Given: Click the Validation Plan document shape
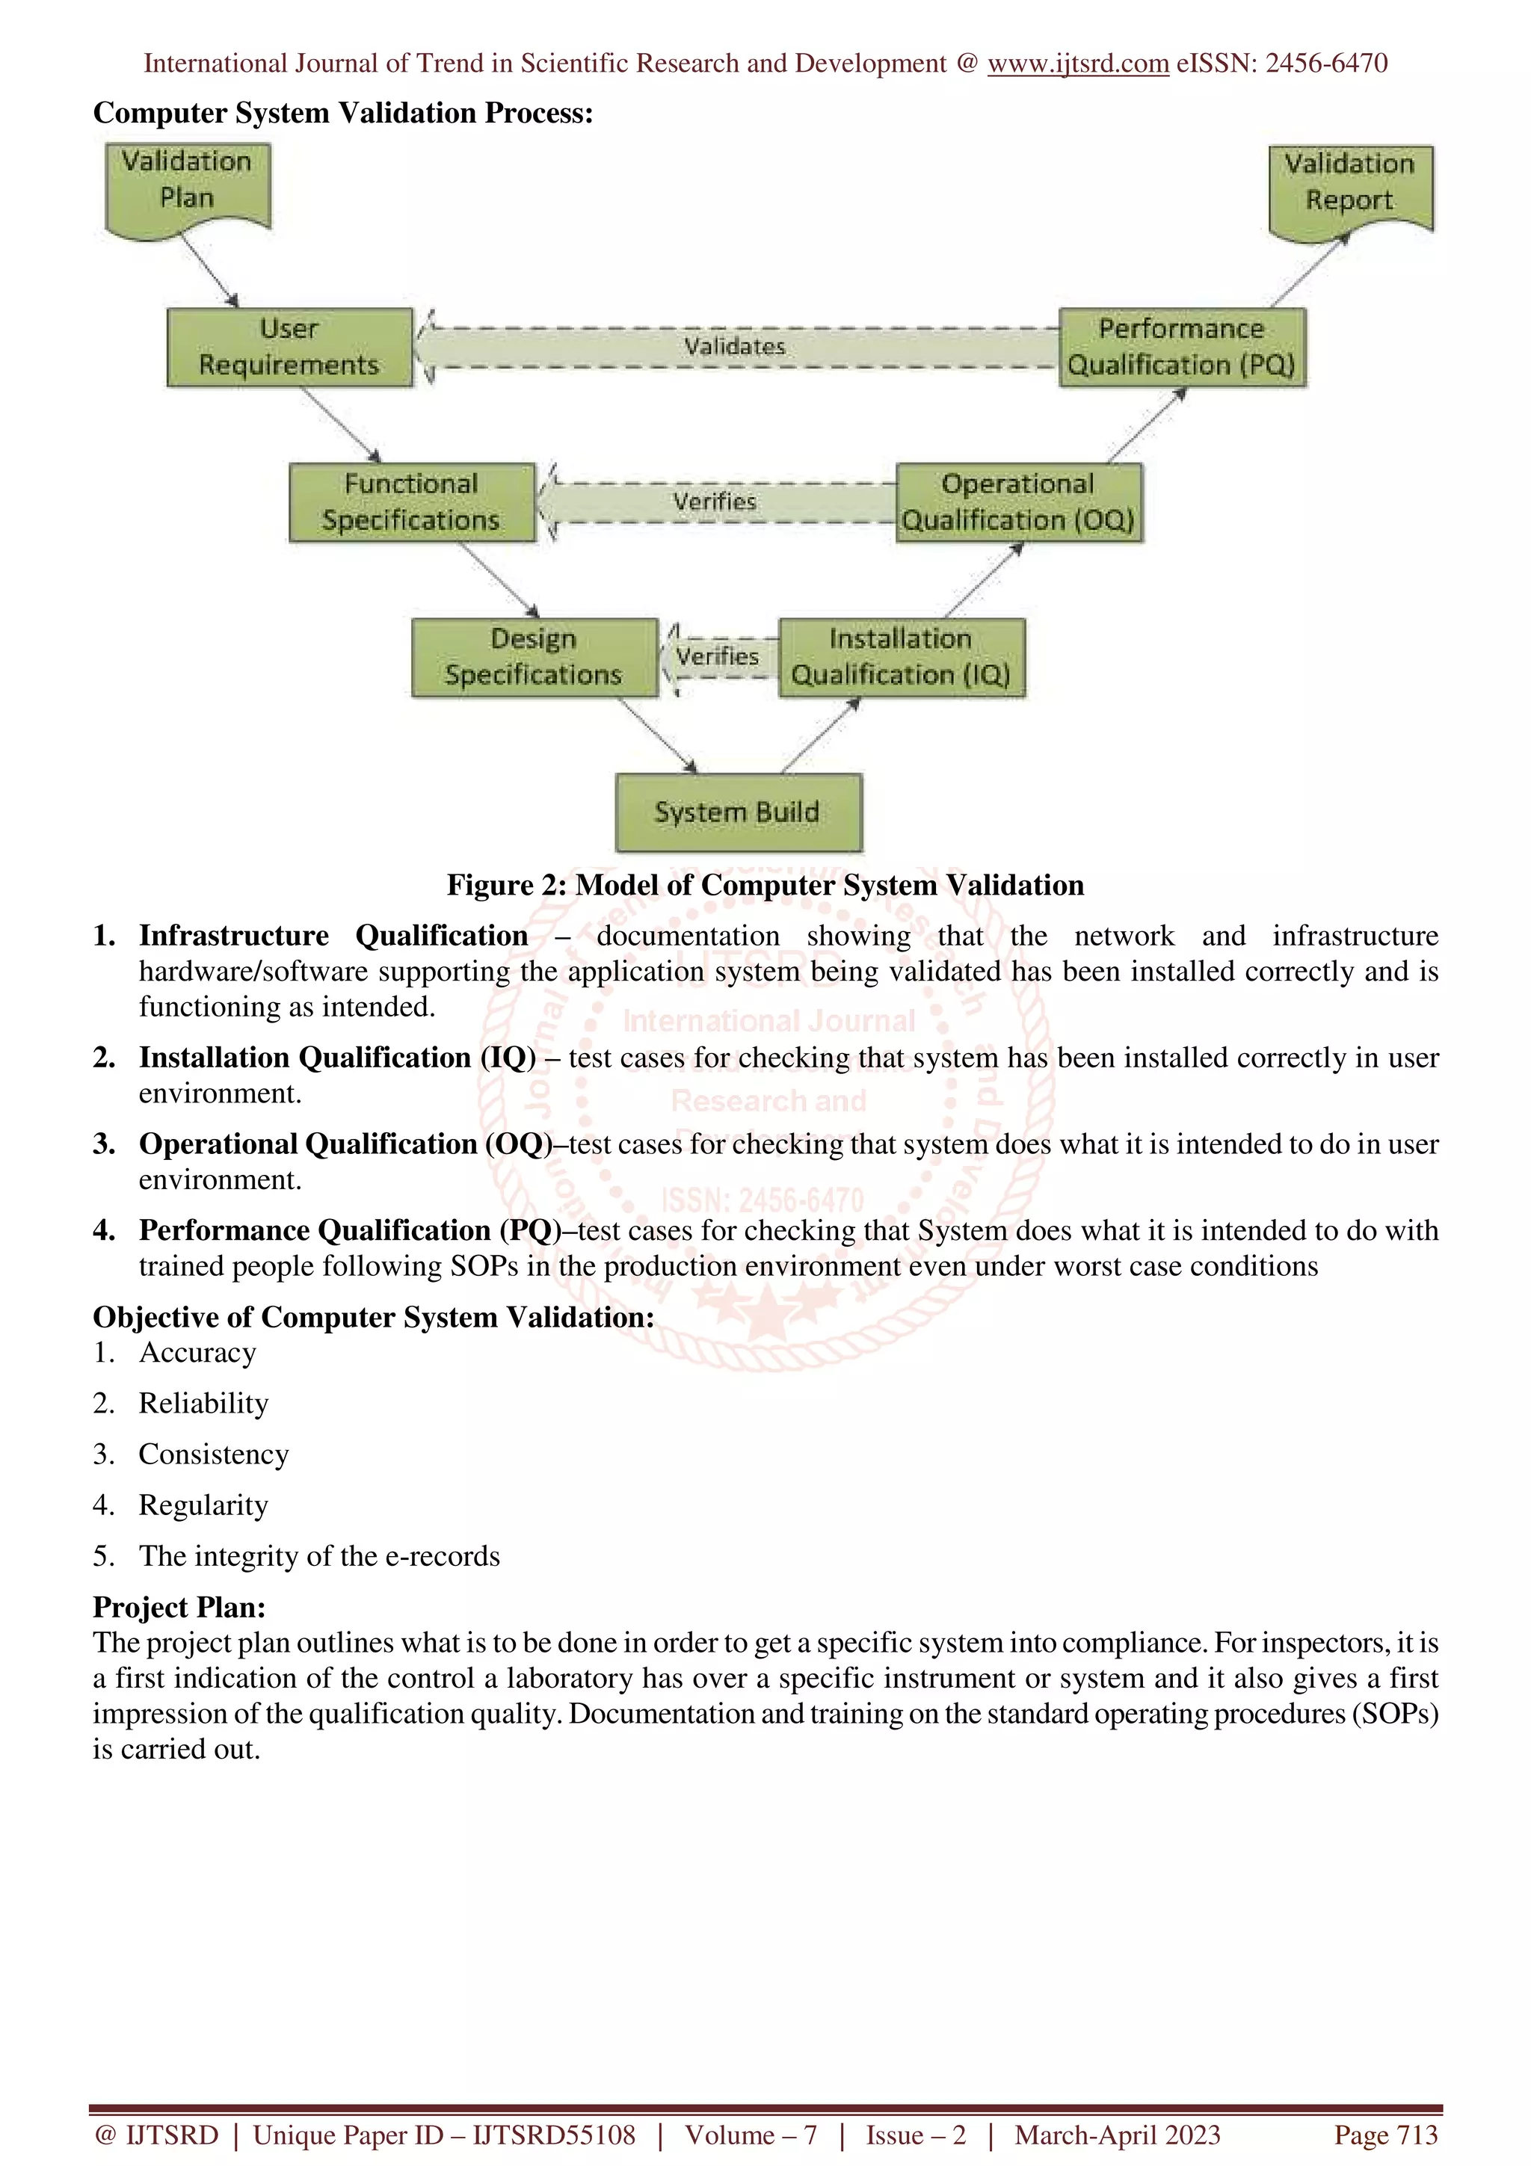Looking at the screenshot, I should tap(188, 184).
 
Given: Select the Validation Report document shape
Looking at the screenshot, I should tap(1350, 186).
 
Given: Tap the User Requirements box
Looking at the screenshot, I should tap(289, 347).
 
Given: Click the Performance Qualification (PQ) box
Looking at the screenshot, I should tap(1182, 347).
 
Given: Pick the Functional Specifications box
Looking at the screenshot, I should tap(411, 502).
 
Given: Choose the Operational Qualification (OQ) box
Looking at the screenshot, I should tap(1019, 502).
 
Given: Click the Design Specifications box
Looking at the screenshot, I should tap(534, 658).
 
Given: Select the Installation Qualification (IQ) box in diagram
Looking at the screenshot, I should tap(901, 658).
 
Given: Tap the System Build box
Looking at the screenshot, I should tap(738, 812).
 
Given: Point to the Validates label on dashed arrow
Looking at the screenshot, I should tap(735, 346).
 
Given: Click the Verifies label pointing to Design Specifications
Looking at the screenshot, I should tap(718, 656).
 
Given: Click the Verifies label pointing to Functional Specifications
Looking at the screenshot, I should tap(715, 502).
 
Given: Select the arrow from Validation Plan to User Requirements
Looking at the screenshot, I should tap(209, 269).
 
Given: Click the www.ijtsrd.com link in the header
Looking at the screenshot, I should tap(1077, 64).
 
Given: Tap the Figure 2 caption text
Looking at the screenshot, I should tap(765, 885).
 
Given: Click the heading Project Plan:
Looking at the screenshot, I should tap(179, 1607).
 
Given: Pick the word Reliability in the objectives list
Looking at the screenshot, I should tap(204, 1403).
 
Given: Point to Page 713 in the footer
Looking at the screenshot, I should tap(1384, 2135).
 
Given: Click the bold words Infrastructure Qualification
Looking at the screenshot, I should tap(333, 935).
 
